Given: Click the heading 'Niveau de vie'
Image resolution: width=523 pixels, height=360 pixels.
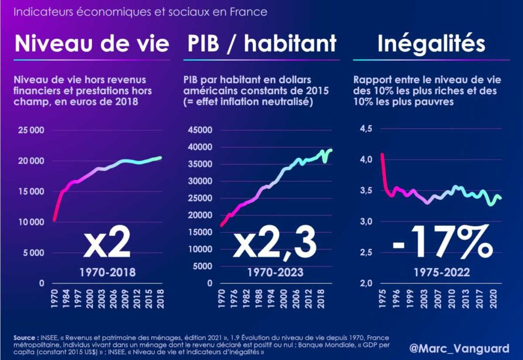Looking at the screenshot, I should [92, 44].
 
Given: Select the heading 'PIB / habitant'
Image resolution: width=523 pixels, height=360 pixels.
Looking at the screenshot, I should [260, 44].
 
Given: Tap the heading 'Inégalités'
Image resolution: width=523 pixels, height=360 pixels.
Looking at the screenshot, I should [431, 44].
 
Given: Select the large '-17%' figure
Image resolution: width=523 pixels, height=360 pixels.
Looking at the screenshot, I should [442, 245].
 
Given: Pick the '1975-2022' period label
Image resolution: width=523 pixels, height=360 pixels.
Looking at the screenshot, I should [442, 272].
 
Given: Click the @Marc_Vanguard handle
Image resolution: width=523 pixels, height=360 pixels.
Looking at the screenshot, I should [459, 348].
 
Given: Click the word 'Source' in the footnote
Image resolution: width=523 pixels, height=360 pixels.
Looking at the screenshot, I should [24, 338].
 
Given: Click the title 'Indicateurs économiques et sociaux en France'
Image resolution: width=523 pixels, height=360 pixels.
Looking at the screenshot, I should [140, 12].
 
